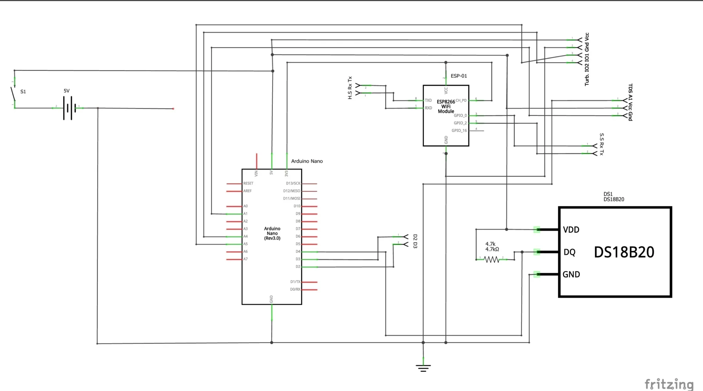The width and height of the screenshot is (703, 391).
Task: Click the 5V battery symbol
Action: [69, 108]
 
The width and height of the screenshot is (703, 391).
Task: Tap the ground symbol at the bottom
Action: [423, 368]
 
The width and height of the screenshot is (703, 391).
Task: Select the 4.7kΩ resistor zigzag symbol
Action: [491, 259]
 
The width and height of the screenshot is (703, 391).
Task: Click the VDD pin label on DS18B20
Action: [571, 230]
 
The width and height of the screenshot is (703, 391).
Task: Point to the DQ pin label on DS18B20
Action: [569, 252]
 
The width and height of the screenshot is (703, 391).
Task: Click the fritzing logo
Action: [669, 384]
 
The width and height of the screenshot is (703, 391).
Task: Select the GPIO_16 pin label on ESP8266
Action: [459, 131]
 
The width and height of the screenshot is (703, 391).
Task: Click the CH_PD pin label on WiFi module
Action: [461, 101]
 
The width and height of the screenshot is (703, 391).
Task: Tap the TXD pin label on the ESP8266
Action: [428, 101]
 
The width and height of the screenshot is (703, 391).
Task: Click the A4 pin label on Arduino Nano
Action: [245, 237]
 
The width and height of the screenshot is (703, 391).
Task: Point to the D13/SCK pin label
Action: [293, 183]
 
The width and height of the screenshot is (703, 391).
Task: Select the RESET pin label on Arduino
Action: [248, 183]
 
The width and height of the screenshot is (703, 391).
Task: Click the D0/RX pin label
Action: [295, 289]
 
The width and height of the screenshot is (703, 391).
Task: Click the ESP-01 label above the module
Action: [459, 76]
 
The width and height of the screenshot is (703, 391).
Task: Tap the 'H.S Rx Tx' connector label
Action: [350, 88]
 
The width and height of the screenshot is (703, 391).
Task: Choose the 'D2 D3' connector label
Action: [415, 241]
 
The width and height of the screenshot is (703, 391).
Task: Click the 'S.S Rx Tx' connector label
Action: [601, 144]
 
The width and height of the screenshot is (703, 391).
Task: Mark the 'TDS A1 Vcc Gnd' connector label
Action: [630, 102]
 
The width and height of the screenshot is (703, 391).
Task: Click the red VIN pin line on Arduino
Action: [257, 161]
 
